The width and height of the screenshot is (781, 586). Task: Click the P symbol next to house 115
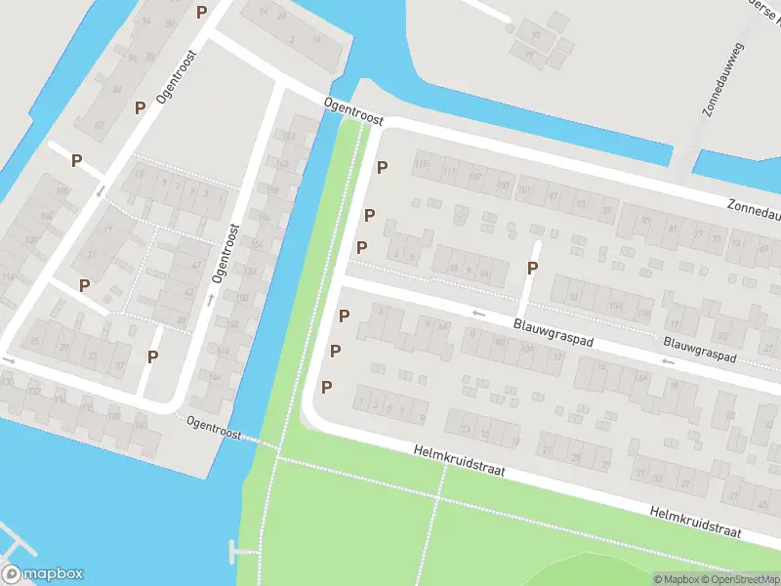[383, 167]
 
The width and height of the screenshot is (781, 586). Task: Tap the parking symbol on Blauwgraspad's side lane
[533, 268]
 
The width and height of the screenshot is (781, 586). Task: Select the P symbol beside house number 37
[152, 356]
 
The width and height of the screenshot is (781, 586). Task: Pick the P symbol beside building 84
[141, 107]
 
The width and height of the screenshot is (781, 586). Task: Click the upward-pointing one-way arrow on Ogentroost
[211, 299]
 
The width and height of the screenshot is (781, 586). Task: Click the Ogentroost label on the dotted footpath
[213, 426]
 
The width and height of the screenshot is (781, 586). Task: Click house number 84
[117, 90]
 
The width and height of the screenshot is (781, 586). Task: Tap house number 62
[291, 137]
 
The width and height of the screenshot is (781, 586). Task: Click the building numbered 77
[697, 235]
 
